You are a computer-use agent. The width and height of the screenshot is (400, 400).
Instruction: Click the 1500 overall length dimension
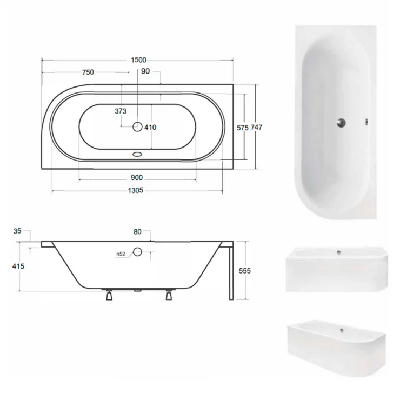[x=138, y=60]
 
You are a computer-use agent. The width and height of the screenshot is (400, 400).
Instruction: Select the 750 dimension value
[x=88, y=72]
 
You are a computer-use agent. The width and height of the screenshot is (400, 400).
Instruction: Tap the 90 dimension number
[x=145, y=71]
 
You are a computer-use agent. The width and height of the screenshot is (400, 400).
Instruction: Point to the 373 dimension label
[x=121, y=111]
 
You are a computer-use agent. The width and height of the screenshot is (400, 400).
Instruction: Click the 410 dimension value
[x=150, y=127]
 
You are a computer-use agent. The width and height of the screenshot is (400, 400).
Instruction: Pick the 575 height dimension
[x=242, y=128]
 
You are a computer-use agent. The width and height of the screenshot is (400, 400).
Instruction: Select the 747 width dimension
[x=256, y=127]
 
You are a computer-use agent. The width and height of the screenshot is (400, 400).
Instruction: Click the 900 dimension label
[x=137, y=177]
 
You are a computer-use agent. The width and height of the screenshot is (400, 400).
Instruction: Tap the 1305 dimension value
[x=136, y=190]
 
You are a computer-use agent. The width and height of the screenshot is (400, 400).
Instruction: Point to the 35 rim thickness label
[x=17, y=231]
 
